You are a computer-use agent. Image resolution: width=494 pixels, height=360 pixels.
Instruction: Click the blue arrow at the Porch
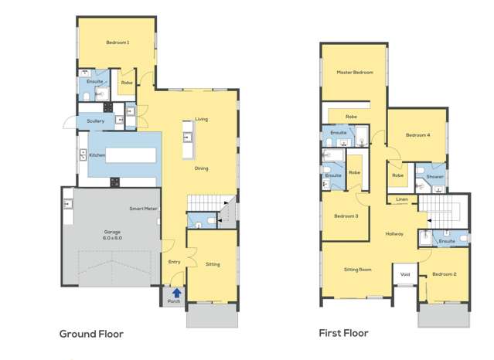tap(176, 293)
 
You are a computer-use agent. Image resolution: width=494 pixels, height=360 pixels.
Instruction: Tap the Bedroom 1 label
tap(118, 42)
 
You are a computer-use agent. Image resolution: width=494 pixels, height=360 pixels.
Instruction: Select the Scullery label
tap(96, 121)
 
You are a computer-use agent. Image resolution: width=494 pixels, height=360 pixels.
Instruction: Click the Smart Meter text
tap(144, 209)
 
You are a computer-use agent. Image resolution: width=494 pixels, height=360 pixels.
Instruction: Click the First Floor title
tap(344, 334)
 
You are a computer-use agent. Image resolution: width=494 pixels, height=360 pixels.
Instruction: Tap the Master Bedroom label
tap(355, 73)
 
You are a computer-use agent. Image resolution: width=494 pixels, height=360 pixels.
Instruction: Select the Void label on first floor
tap(404, 274)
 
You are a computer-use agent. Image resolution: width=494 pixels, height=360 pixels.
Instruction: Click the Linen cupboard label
tap(401, 199)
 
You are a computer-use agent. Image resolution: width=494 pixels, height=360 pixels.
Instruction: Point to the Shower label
tap(435, 176)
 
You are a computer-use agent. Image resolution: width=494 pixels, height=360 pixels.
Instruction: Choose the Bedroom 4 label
tap(417, 135)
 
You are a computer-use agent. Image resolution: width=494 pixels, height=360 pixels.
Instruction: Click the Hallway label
tap(396, 234)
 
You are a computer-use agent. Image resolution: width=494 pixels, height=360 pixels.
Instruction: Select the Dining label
tap(201, 168)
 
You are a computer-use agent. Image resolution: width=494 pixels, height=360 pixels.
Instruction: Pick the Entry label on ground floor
tap(175, 262)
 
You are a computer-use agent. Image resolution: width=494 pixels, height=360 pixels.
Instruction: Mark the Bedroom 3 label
tap(346, 216)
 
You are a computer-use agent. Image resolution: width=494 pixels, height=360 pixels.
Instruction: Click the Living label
tap(201, 119)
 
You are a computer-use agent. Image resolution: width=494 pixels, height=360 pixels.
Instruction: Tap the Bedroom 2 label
tap(444, 274)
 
